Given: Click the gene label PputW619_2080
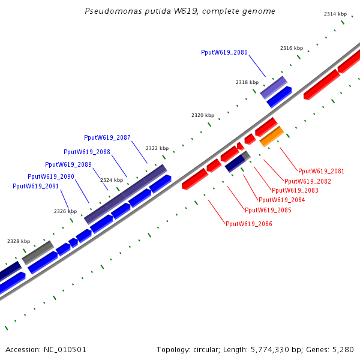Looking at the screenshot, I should (x=224, y=53).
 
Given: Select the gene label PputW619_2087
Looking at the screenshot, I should (x=107, y=138).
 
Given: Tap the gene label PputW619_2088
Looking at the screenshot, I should (x=87, y=152).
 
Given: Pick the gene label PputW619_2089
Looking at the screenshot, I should (x=68, y=164).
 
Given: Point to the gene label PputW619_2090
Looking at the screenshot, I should (x=51, y=176).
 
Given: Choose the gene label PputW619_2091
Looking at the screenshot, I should (x=36, y=186).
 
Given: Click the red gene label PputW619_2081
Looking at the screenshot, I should (x=322, y=171).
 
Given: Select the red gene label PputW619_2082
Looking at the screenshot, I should (x=308, y=181).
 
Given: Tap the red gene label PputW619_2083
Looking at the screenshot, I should (x=295, y=190).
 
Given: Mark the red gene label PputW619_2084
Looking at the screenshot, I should (x=282, y=200).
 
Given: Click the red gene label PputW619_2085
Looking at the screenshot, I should (x=268, y=210).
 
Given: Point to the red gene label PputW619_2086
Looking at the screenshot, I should (x=249, y=224).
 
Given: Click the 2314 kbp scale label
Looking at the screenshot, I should (x=335, y=13).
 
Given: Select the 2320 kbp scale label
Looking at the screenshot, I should (x=203, y=115).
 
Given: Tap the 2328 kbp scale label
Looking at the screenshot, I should (x=18, y=241).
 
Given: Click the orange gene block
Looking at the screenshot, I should (x=271, y=136).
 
